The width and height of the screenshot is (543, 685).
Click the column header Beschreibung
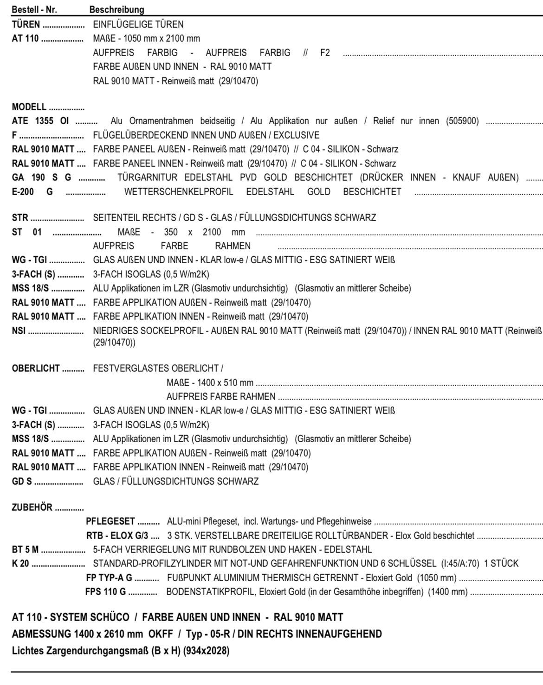pos(116,9)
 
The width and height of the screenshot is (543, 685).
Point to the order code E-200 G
pos(32,191)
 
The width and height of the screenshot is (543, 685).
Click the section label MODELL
pos(29,107)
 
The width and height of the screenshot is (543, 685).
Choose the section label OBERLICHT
pos(36,368)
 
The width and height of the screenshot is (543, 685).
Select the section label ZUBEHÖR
pos(32,507)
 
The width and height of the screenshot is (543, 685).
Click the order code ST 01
pos(26,232)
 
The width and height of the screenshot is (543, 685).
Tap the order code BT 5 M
pos(25,550)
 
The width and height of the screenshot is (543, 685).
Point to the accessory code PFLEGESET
pos(110,521)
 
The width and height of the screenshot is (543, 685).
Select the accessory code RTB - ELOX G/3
pos(117,536)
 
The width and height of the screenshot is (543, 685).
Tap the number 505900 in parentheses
pos(462,121)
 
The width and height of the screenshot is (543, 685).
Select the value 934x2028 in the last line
pos(206,650)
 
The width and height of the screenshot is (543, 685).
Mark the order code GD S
pos(22,482)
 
